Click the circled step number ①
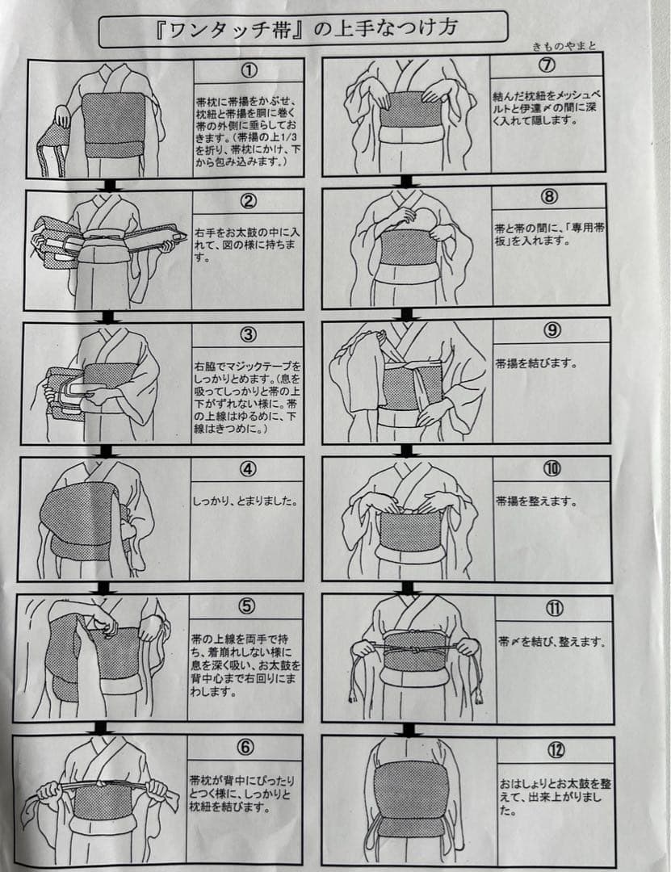pos(249,70)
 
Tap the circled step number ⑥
pos(245,747)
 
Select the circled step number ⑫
pos(556,750)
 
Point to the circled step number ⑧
pos(548,196)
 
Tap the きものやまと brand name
pos(564,47)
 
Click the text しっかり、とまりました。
pos(245,501)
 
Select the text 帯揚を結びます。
pos(536,363)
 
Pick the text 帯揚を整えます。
pos(536,501)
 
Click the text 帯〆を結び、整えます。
pos(551,642)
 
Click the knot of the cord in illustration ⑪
pos(414,648)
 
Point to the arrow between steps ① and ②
pos(110,184)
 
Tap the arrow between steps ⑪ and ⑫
pos(409,730)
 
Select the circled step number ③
pos(248,334)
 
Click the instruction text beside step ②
pos(247,244)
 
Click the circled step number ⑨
pos(552,330)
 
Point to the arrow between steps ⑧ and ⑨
pos(407,314)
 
